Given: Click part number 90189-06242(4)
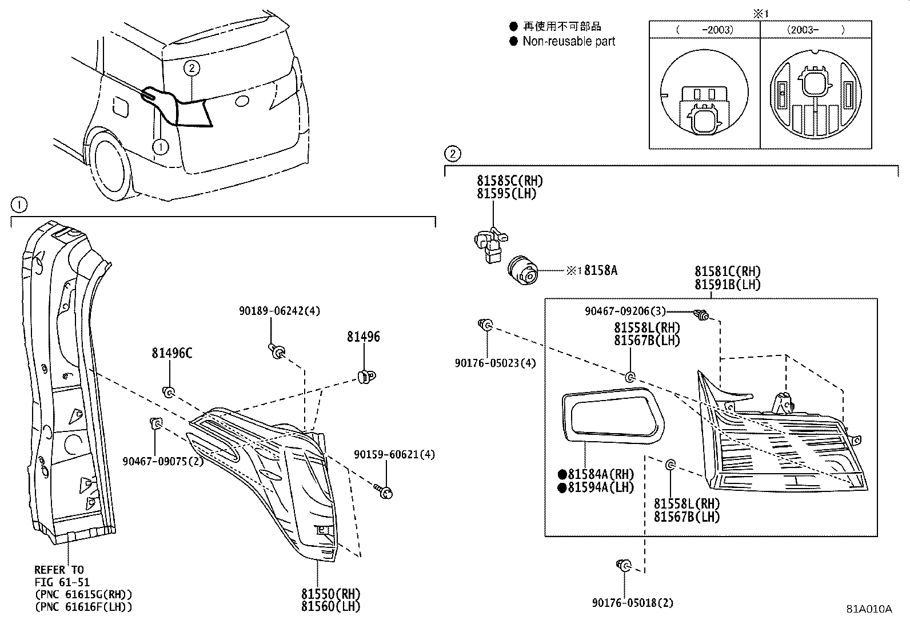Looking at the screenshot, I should [279, 311].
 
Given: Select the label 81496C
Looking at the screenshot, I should [171, 353].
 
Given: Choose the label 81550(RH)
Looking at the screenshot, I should [331, 594].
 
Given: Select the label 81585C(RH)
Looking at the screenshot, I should [510, 181].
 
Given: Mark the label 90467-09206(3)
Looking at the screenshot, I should [625, 311].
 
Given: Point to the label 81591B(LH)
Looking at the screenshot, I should [727, 284].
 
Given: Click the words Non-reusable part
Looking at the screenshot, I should [568, 41].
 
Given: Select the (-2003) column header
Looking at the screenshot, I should [704, 30].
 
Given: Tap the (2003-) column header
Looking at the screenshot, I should [816, 30].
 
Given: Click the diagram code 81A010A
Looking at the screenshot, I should [869, 609].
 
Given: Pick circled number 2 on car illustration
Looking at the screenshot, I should [191, 69].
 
